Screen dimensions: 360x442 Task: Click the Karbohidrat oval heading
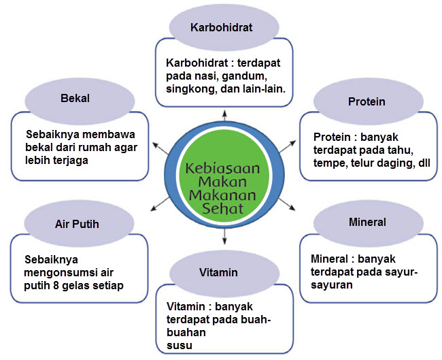tap(222, 28)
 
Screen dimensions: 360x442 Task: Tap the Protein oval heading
tap(367, 101)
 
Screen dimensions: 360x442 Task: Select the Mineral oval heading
tap(367, 222)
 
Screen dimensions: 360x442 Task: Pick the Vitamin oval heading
tap(219, 272)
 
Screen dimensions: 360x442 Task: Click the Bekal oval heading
tap(75, 98)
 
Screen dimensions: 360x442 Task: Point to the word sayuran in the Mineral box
tap(333, 285)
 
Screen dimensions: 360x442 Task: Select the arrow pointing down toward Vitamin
tap(224, 237)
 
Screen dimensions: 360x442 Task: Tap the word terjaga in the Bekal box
tap(71, 160)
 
